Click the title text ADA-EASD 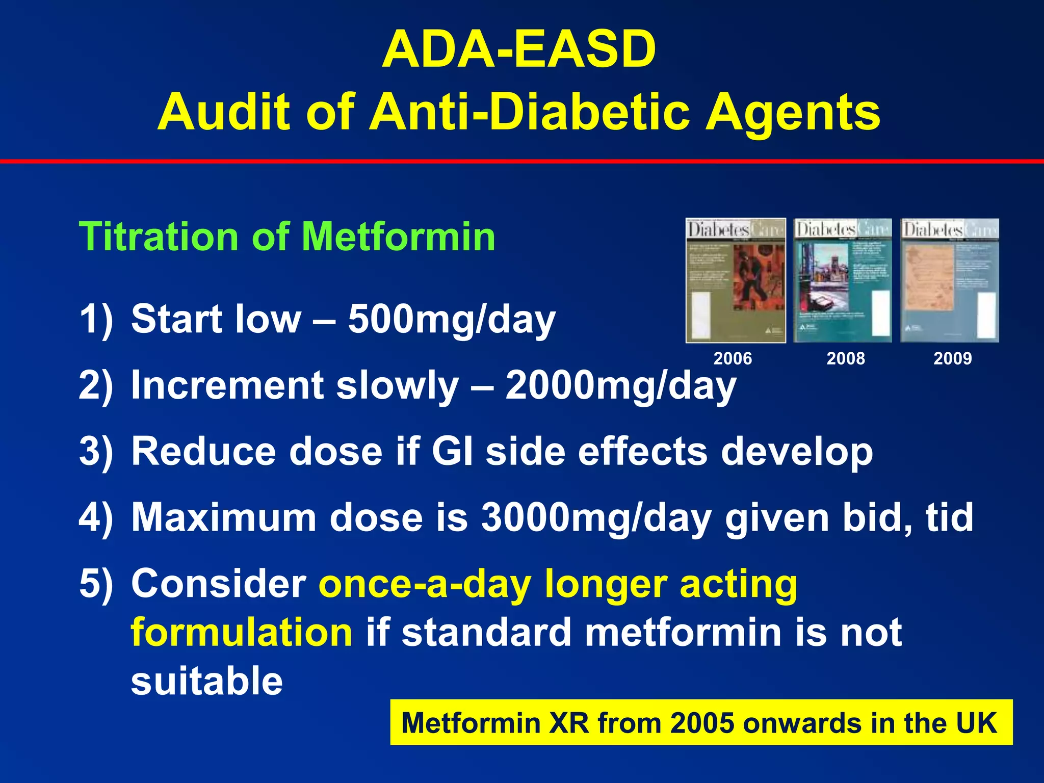(519, 49)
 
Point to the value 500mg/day (452, 320)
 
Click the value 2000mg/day (620, 386)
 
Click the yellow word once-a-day (425, 584)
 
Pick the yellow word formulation (242, 633)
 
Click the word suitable (206, 681)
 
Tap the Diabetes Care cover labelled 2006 (735, 280)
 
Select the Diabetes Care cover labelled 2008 (843, 280)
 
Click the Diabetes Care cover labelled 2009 (949, 280)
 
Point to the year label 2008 (845, 358)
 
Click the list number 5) (95, 584)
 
